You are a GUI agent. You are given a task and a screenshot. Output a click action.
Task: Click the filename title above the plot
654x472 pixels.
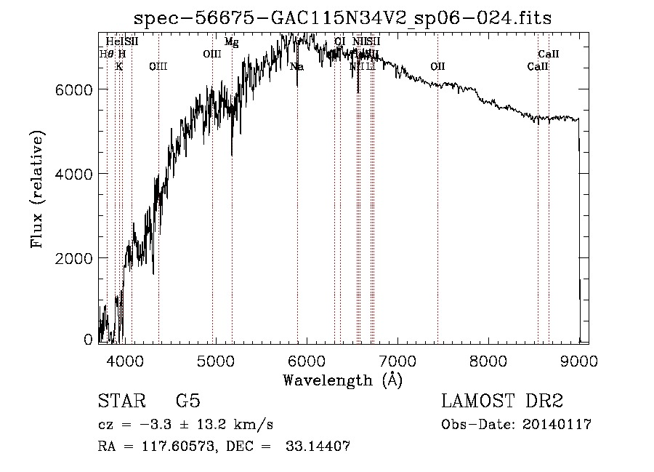pyautogui.click(x=343, y=18)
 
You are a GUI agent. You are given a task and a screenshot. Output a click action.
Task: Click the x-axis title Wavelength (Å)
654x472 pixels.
pyautogui.click(x=342, y=380)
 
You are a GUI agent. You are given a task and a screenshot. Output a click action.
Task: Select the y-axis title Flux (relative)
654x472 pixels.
pyautogui.click(x=37, y=189)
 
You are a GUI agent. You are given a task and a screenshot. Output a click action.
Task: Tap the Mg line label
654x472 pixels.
pyautogui.click(x=231, y=42)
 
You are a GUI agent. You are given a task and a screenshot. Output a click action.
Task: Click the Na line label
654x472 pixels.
pyautogui.click(x=296, y=67)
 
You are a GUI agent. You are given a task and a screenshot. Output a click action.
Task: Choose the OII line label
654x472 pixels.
pyautogui.click(x=437, y=67)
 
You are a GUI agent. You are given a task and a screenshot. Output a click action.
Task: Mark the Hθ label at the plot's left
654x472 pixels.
pyautogui.click(x=106, y=54)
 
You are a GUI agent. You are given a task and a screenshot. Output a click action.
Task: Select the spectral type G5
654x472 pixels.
pyautogui.click(x=187, y=401)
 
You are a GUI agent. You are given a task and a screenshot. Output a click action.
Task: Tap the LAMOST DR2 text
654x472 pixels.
pyautogui.click(x=502, y=401)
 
